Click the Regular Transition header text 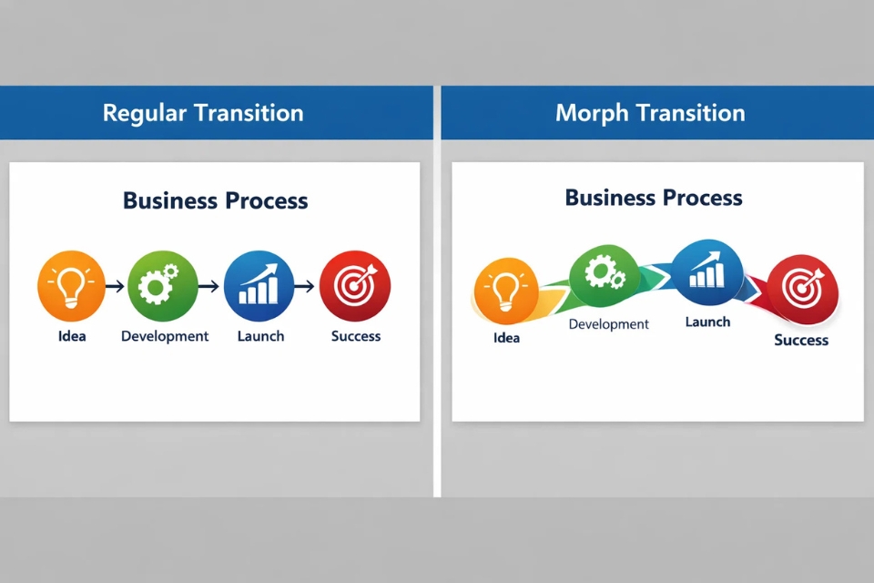coord(202,113)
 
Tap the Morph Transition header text coord(650,113)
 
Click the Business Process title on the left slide coord(215,200)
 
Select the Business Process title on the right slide coord(654,198)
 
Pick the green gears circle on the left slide coord(162,286)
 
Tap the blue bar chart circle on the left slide coord(259,286)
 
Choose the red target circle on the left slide coord(355,286)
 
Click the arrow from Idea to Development coord(116,286)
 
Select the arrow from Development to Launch coord(209,286)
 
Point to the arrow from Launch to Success coord(306,286)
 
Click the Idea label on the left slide coord(71,336)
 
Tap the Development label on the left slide coord(165,336)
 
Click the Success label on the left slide coord(355,336)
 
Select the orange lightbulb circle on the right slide coord(506,291)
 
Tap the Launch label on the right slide coord(707,322)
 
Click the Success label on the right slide coord(801,340)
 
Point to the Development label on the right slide coord(608,323)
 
